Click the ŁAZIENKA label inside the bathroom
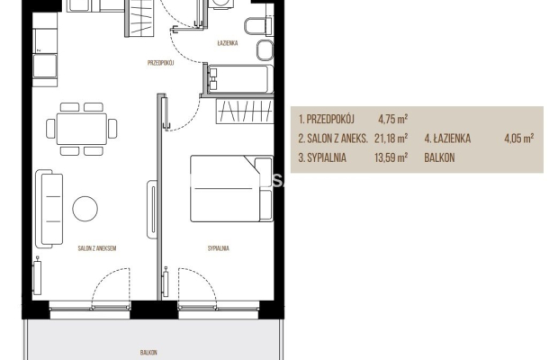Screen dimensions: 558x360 click(228, 43)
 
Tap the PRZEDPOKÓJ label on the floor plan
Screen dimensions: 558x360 click(160, 63)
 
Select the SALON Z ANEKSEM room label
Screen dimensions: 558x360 click(97, 248)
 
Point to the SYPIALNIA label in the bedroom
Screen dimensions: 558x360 click(219, 248)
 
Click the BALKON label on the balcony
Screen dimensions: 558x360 click(148, 353)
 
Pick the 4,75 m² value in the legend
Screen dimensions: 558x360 click(393, 119)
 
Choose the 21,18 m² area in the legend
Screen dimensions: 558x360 click(391, 138)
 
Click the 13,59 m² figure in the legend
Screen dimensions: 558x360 click(391, 157)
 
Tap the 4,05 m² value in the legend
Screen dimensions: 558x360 click(519, 138)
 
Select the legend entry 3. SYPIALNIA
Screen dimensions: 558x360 click(322, 157)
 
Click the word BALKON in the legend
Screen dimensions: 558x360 click(439, 157)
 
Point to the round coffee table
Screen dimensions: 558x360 click(85, 209)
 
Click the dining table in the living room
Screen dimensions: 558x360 click(82, 129)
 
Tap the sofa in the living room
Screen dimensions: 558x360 click(49, 209)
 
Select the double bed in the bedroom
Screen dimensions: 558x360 click(231, 188)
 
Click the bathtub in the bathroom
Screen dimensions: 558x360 click(238, 78)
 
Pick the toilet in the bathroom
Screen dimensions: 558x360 click(258, 26)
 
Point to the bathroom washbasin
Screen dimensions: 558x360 click(265, 50)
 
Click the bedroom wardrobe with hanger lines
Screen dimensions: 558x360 click(245, 111)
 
